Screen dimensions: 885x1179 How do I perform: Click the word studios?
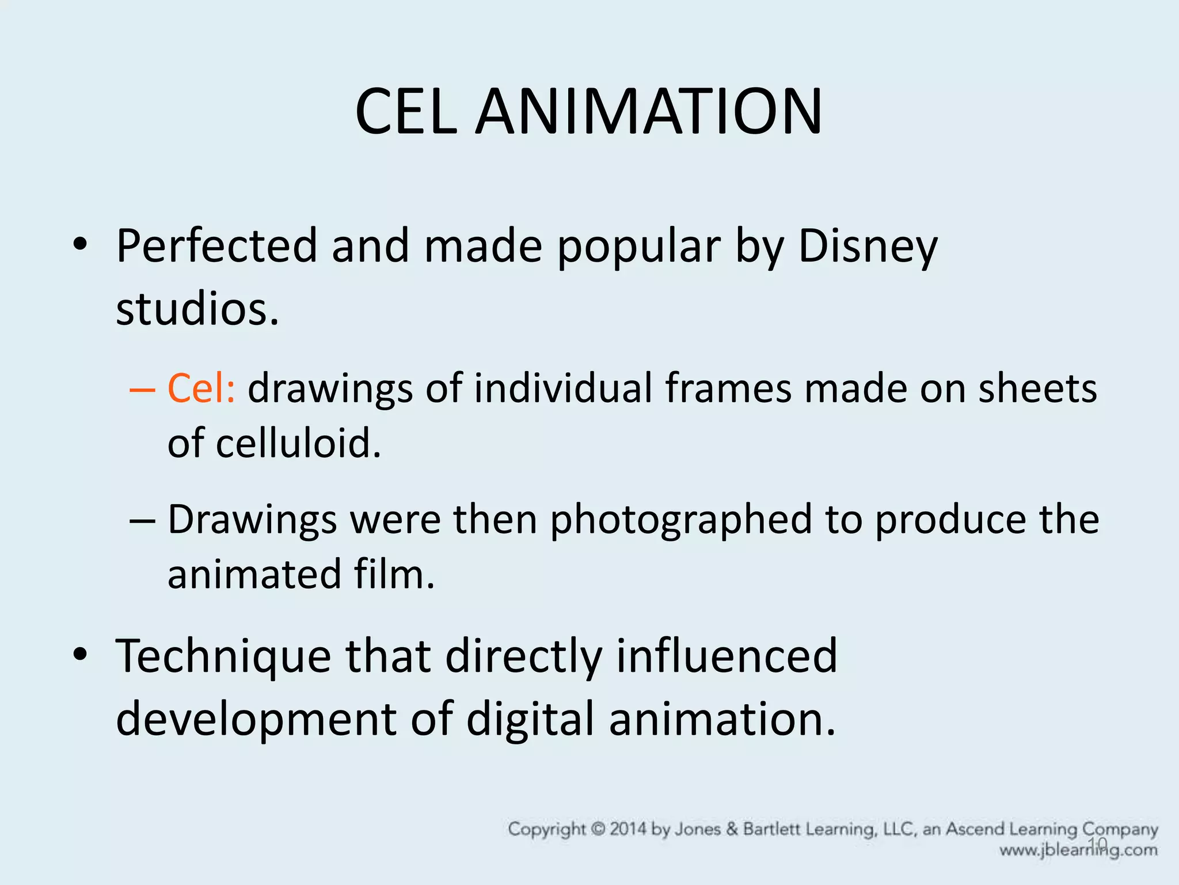197,309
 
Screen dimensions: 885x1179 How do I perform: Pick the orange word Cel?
201,388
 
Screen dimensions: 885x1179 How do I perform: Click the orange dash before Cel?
142,389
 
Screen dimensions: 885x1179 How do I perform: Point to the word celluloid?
299,443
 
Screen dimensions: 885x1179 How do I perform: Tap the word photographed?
681,520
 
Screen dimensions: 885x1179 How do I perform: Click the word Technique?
223,656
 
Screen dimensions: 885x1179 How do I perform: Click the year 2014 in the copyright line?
628,830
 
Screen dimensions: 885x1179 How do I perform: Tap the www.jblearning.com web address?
1078,850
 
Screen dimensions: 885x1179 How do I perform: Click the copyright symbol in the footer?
599,830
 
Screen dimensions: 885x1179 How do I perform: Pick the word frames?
728,388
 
